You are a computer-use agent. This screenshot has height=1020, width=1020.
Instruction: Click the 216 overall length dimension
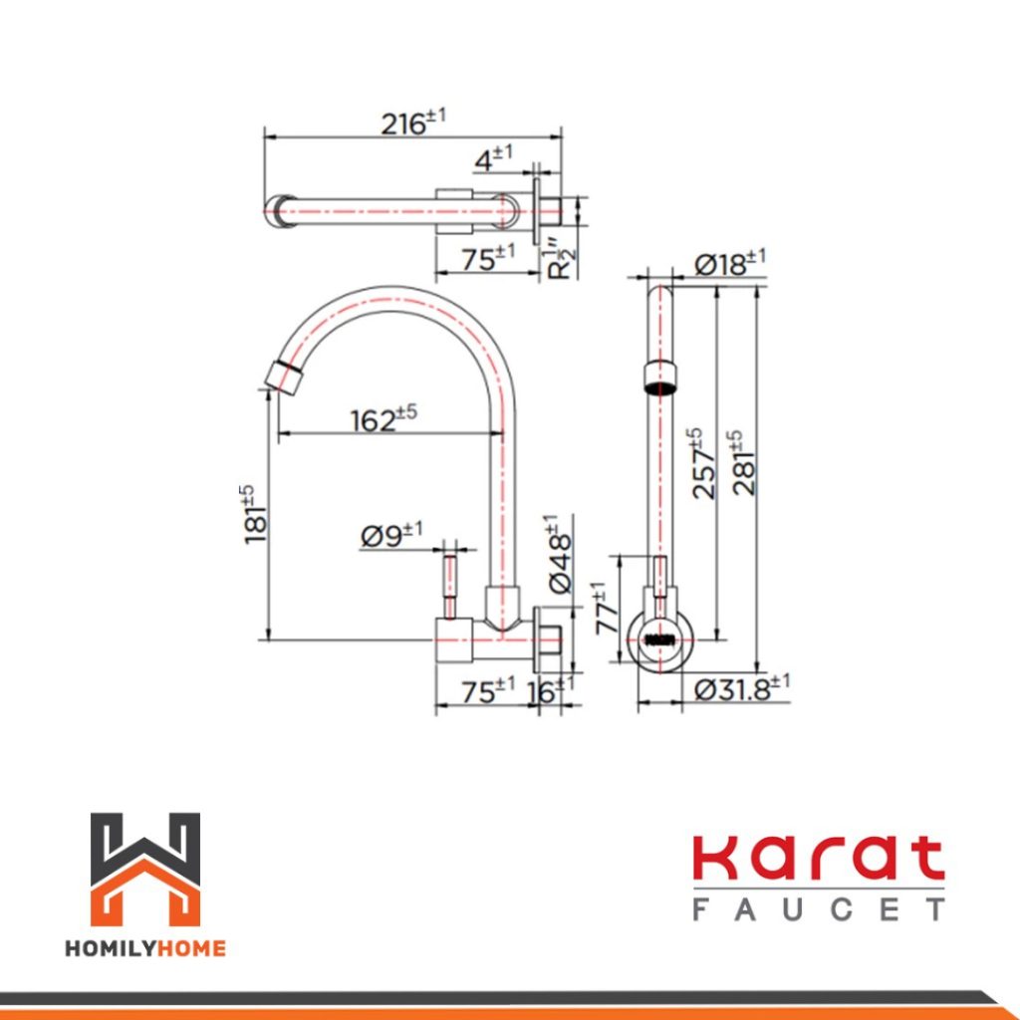click(413, 123)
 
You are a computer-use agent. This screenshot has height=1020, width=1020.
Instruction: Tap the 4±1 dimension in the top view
click(493, 158)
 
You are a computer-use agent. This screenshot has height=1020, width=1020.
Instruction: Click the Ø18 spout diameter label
click(730, 263)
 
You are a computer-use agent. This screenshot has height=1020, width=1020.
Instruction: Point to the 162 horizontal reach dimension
click(383, 419)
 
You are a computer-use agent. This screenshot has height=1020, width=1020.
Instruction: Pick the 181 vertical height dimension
click(254, 515)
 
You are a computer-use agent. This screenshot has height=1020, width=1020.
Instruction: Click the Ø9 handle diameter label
click(390, 535)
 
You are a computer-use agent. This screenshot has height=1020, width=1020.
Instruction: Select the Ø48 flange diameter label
click(560, 554)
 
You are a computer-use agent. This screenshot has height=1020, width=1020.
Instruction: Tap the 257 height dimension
click(704, 463)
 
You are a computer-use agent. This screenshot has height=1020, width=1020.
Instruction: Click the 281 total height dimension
click(743, 463)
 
